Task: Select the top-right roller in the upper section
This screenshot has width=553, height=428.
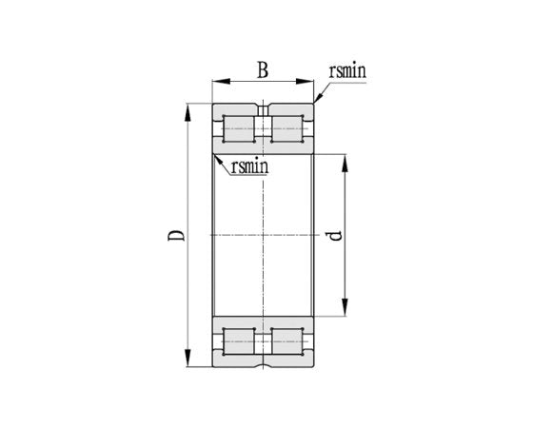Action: point(288,129)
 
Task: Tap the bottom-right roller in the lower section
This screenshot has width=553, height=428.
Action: point(288,341)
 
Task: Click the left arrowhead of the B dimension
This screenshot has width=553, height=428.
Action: point(217,83)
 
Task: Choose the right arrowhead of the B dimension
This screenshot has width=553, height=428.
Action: point(309,83)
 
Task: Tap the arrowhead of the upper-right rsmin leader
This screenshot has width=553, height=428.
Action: point(316,100)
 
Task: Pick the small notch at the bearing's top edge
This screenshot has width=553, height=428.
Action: point(264,105)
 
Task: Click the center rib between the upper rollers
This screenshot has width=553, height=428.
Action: point(264,129)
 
